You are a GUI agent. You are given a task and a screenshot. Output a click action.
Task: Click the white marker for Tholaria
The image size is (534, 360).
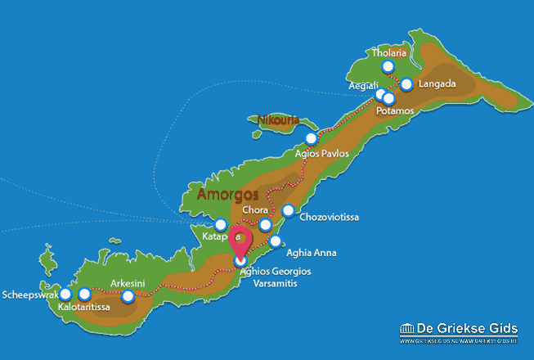coord(388,67)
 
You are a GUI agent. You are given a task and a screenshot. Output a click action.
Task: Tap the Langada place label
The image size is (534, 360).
coord(437,84)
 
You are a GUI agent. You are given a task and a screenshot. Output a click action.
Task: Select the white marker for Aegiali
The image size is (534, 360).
coord(381,93)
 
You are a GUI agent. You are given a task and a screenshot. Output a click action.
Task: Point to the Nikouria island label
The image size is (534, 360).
coord(278,121)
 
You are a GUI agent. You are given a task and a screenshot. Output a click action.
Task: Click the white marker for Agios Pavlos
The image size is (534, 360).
coord(311,138)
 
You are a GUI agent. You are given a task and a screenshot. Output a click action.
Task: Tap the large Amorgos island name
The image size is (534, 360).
coord(228,195)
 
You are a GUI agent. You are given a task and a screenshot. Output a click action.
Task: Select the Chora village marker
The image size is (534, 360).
coord(265,225)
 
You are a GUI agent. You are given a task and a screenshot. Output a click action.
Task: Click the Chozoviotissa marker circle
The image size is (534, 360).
coord(288,211)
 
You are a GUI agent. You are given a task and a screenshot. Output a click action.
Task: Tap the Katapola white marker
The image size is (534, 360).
coord(220,224)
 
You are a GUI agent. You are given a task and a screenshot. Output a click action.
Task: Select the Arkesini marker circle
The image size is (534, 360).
coord(128,296)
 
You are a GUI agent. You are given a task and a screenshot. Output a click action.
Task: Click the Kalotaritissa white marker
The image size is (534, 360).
coord(84,294)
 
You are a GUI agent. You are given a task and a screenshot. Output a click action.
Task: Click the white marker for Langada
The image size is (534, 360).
coord(406,83)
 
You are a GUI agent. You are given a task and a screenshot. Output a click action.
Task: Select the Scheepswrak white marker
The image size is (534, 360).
coord(65,294)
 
